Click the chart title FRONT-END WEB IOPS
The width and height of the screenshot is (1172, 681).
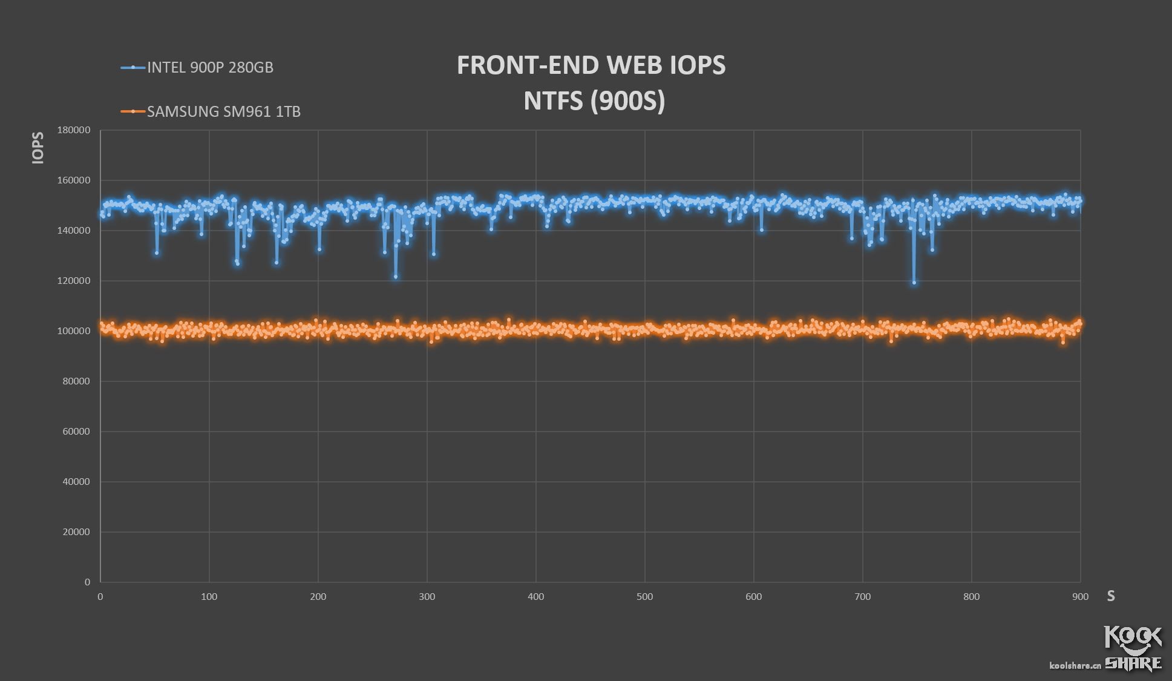[x=591, y=65]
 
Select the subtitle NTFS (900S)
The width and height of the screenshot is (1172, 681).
[x=594, y=100]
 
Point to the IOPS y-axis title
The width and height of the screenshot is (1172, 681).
[x=38, y=148]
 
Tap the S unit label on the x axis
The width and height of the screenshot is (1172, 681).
[x=1110, y=596]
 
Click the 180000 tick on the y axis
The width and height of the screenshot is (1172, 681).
[x=74, y=130]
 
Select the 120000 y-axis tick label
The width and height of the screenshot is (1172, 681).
[x=74, y=281]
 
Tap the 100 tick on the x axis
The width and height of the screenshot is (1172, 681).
[x=209, y=597]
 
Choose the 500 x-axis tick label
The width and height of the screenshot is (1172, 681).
[x=644, y=597]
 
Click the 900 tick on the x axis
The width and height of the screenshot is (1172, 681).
[x=1080, y=597]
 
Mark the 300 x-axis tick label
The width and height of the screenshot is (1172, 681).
[x=427, y=597]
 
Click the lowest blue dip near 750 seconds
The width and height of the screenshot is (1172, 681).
[x=914, y=282]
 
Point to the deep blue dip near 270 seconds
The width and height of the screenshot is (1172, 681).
[x=396, y=277]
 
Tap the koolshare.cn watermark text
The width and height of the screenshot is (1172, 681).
[x=1075, y=665]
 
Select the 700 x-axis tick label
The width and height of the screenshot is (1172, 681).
[x=862, y=597]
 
